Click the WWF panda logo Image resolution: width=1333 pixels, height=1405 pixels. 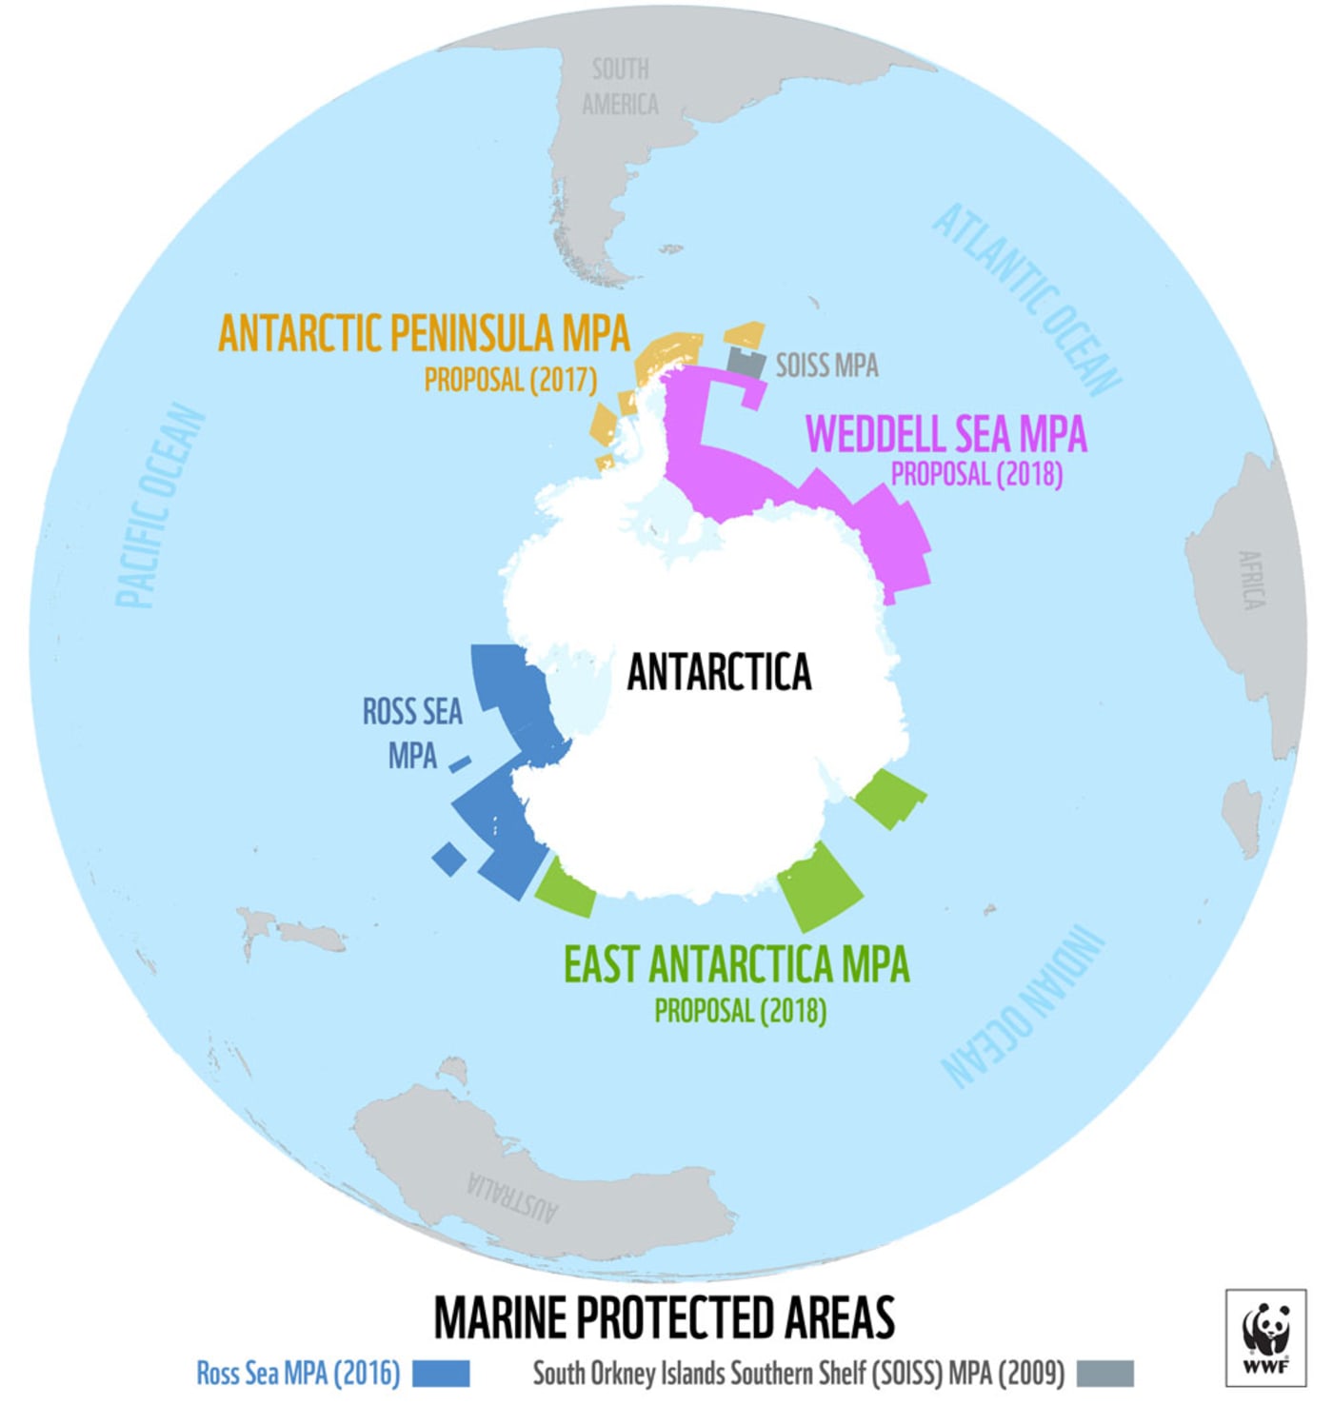[x=1265, y=1336]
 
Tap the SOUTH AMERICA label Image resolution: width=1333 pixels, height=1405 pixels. [x=620, y=87]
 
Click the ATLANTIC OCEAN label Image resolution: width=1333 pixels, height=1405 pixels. [x=1027, y=299]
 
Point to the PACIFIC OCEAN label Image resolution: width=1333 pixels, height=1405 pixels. [x=159, y=505]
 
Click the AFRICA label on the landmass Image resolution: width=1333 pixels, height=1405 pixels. [x=1250, y=580]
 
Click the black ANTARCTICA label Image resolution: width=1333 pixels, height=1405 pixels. [x=719, y=672]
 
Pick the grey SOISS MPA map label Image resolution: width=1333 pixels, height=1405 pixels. [x=826, y=366]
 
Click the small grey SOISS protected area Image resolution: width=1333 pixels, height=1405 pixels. [x=746, y=363]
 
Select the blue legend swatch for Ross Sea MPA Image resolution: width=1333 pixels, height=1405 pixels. [x=441, y=1373]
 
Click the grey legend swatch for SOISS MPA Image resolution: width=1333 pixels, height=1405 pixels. [x=1104, y=1373]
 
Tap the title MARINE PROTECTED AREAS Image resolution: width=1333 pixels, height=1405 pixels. [x=665, y=1317]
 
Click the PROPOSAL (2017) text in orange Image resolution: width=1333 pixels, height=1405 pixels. [x=510, y=380]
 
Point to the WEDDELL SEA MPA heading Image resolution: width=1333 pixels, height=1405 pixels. [x=945, y=434]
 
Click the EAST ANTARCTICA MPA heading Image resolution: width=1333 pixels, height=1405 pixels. [x=736, y=964]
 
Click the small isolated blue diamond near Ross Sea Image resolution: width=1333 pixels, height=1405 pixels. [x=448, y=859]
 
